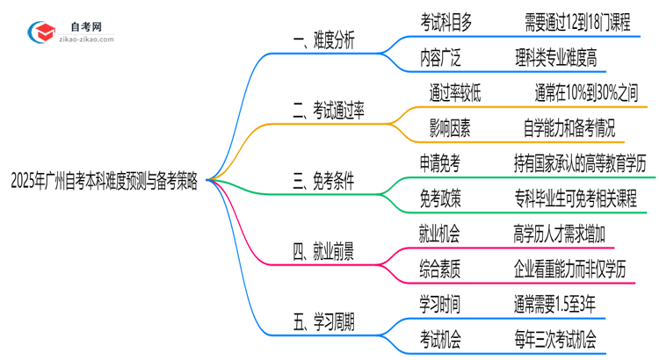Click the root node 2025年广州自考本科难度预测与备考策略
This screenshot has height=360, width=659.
click(105, 182)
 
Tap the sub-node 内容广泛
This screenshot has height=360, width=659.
click(441, 58)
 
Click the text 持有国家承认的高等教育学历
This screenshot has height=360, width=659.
click(580, 163)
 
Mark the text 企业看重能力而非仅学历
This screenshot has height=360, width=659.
click(580, 268)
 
